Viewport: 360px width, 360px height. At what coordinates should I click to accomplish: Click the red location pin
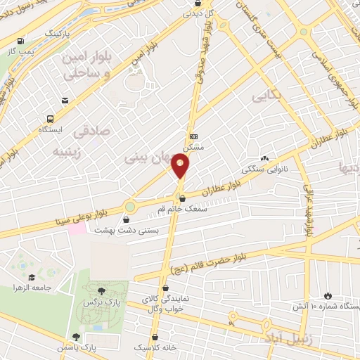(x=181, y=165)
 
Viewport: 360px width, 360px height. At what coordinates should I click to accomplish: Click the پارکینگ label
(x=57, y=33)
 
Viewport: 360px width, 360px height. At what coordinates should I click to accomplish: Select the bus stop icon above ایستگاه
(x=50, y=119)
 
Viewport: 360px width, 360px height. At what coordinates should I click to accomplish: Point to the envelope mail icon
(x=65, y=101)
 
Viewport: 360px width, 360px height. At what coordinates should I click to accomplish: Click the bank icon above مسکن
(x=194, y=136)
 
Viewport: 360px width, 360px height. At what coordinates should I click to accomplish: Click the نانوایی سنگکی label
(x=260, y=169)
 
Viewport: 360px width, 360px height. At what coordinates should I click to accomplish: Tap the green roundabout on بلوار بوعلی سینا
(x=129, y=207)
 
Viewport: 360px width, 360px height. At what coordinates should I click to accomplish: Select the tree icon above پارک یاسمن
(x=75, y=337)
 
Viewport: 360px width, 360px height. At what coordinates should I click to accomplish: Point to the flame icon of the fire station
(x=328, y=295)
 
